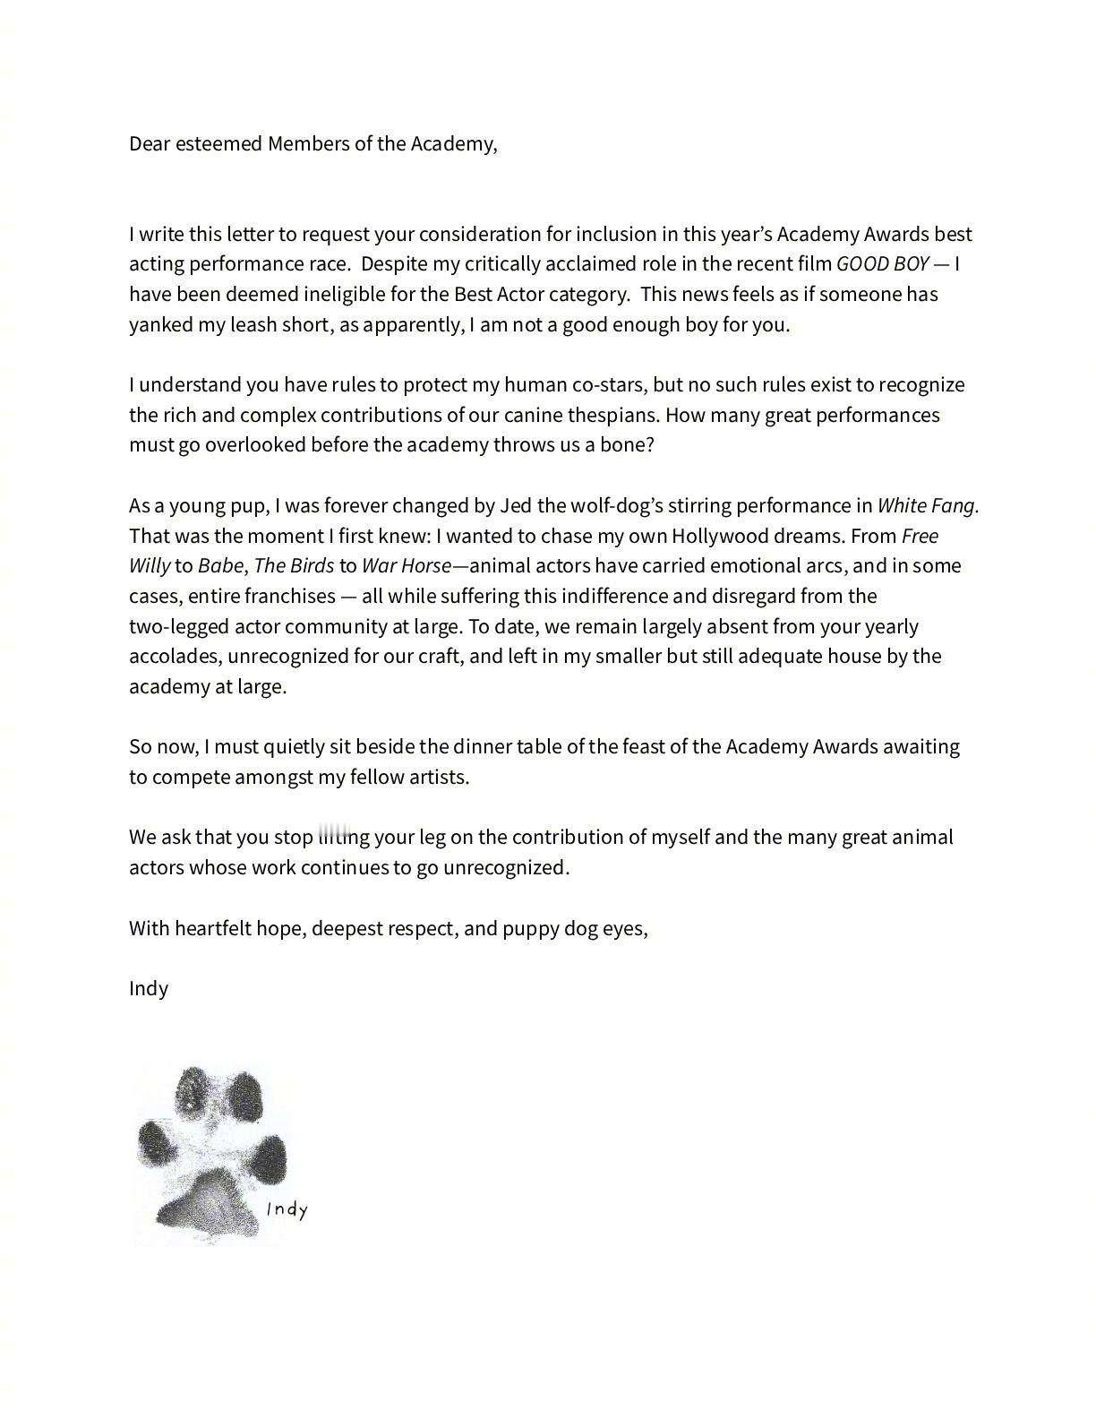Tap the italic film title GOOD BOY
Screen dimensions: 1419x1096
882,263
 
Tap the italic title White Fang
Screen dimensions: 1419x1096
927,505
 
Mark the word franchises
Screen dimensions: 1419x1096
290,596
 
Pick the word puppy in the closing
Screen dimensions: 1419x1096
530,927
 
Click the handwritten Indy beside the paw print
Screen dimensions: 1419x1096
287,1209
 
